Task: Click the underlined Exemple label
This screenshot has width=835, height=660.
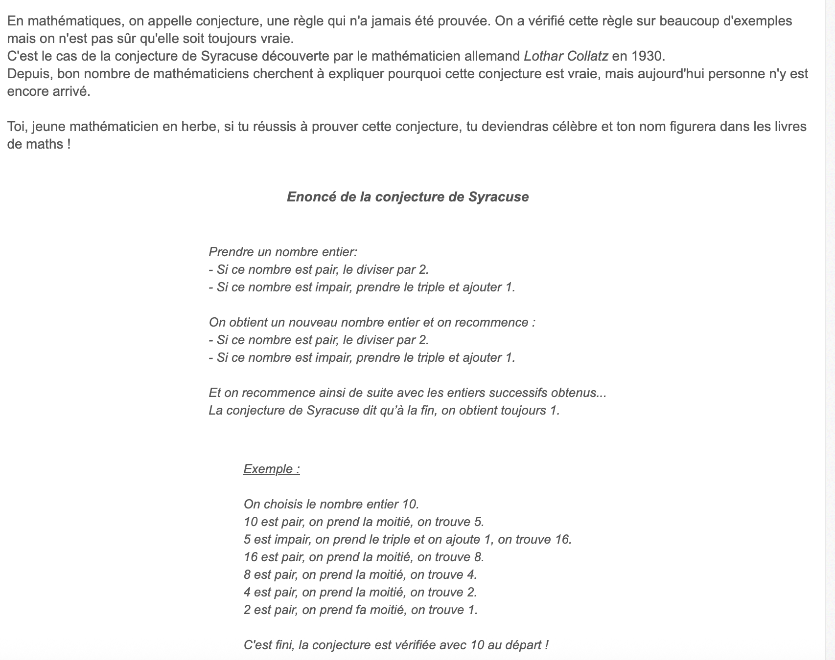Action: click(271, 469)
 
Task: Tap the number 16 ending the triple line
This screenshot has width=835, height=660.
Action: click(562, 540)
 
